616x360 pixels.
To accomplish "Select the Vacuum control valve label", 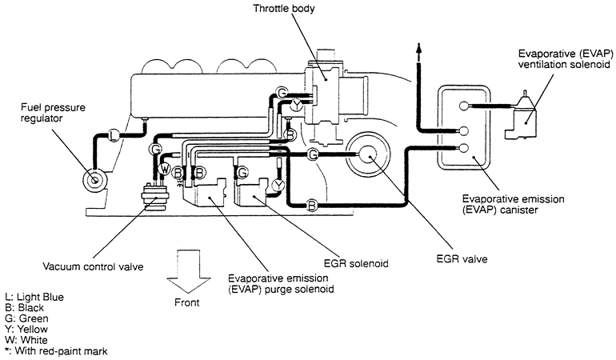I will pyautogui.click(x=93, y=266).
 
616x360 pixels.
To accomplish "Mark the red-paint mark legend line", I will pyautogui.click(x=55, y=350).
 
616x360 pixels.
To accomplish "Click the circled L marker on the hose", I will pyautogui.click(x=114, y=134).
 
